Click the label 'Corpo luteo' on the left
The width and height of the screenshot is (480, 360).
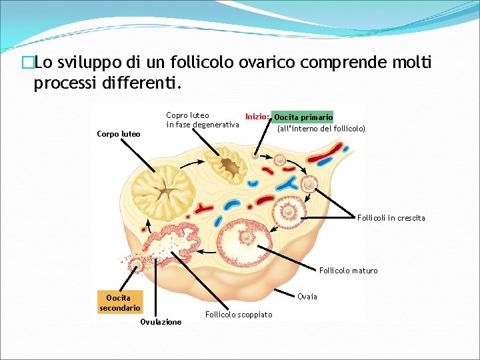118,134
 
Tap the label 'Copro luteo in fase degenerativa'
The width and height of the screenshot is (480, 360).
202,120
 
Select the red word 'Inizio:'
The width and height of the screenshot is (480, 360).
257,117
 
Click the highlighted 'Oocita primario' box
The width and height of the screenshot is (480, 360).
303,117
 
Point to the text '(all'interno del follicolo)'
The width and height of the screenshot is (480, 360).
321,128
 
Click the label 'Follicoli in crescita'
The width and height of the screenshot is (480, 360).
391,218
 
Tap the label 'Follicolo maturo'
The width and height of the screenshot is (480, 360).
348,271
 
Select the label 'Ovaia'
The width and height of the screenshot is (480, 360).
307,296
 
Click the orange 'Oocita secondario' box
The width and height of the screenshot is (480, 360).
119,303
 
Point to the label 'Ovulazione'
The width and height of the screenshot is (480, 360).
161,322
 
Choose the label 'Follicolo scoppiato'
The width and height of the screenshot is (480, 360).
239,315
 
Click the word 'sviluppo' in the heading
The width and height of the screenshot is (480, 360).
83,63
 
